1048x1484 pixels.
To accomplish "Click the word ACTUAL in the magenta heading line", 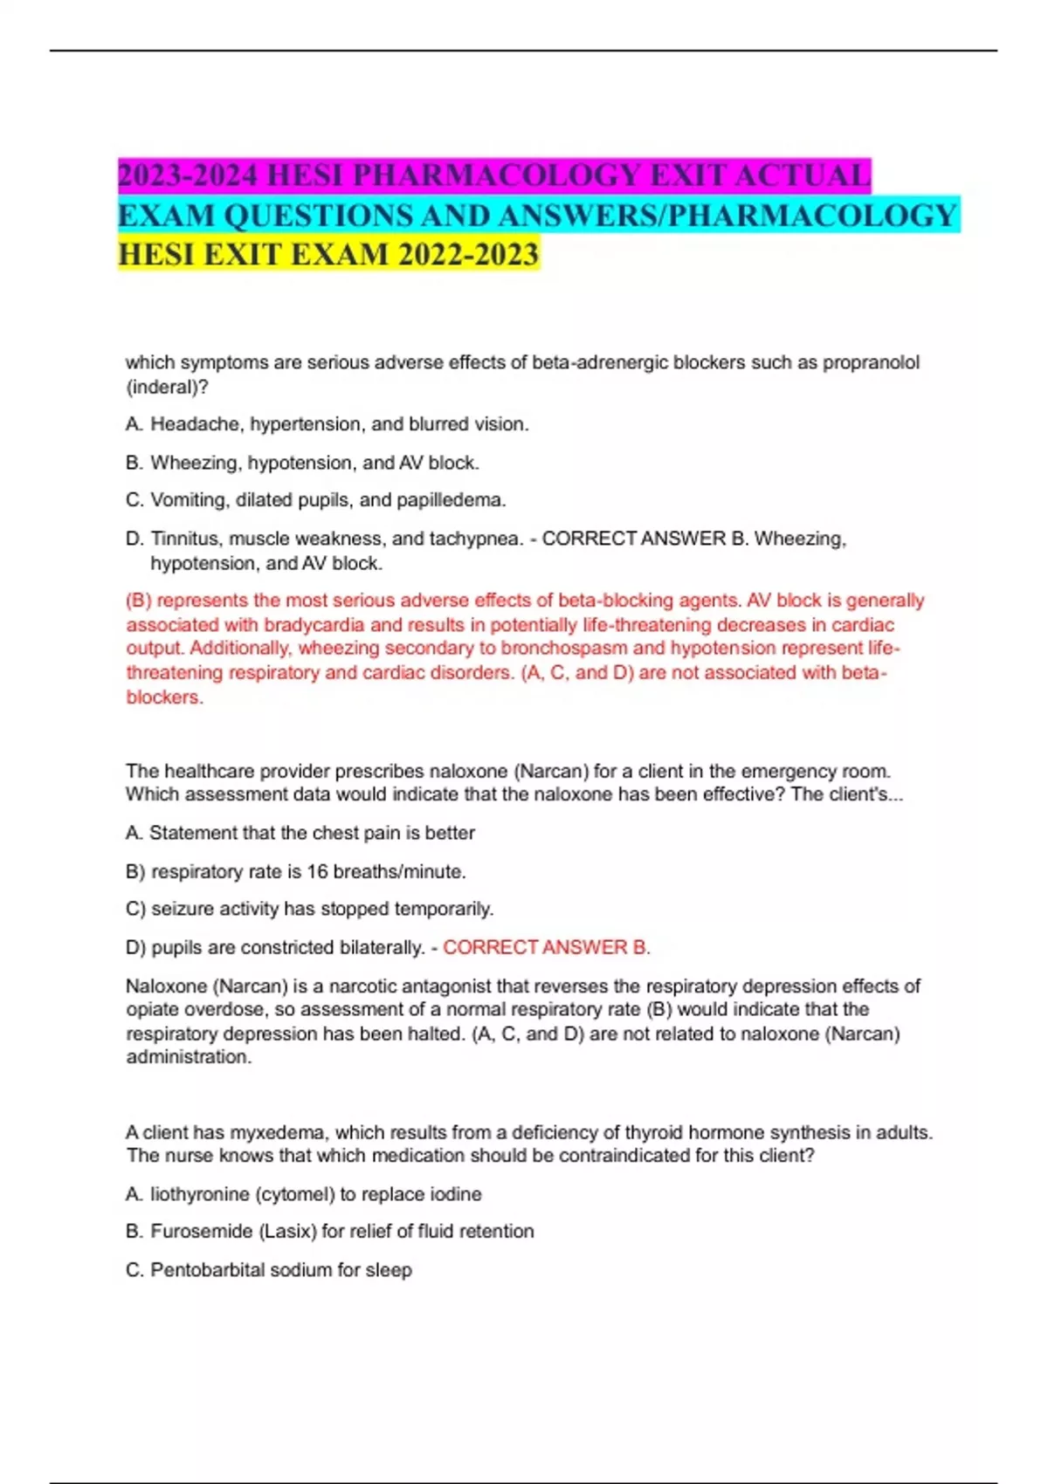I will tap(803, 175).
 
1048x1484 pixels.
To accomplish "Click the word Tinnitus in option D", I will tap(185, 539).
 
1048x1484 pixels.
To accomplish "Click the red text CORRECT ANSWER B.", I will tap(546, 947).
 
